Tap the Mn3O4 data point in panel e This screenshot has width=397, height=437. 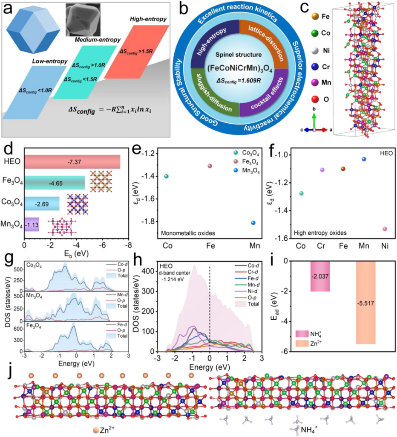coord(253,223)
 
